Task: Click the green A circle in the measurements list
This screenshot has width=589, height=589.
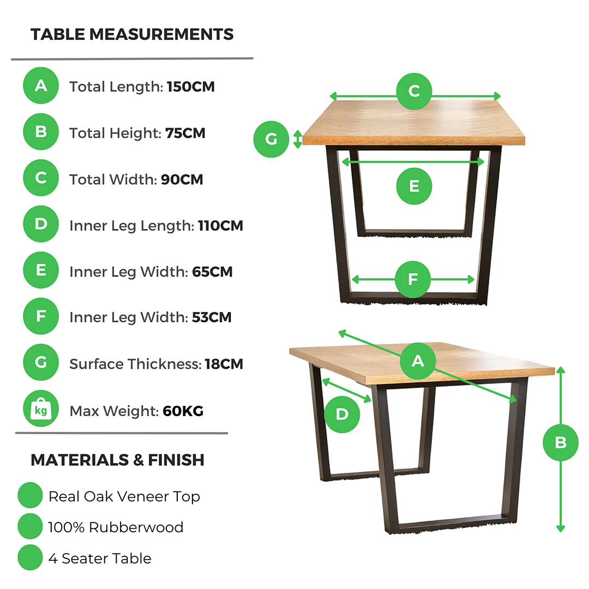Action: [41, 86]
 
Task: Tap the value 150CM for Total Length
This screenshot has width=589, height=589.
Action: [191, 87]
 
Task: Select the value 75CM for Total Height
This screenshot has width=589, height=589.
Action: [185, 133]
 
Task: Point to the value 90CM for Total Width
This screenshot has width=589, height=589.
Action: [182, 179]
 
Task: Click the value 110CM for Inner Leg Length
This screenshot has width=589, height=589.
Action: [220, 226]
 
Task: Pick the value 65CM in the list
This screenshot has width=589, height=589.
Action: [212, 272]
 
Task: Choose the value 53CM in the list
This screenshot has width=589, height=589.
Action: [212, 317]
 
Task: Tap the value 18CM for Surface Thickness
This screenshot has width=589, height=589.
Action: [224, 364]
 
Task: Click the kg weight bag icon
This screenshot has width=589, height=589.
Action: [41, 408]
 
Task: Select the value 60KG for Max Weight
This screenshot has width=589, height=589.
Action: [183, 411]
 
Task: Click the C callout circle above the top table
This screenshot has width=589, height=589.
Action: [414, 91]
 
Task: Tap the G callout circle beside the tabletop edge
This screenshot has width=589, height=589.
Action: [271, 139]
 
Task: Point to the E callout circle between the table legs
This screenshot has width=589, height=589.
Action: [414, 186]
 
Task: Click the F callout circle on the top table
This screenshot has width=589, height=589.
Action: [413, 279]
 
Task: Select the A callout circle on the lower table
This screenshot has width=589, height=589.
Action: [418, 361]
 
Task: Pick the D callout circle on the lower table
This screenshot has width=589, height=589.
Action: [342, 414]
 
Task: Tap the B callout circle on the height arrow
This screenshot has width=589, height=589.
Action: [561, 442]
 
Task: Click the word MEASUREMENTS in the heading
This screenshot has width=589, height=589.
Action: [161, 34]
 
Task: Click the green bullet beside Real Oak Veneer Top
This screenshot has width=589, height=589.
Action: [30, 495]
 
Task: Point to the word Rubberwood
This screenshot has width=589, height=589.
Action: [136, 527]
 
